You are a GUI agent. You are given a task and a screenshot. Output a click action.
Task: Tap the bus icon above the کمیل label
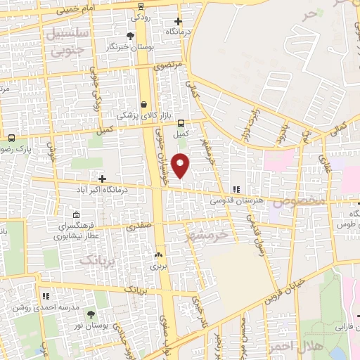181,121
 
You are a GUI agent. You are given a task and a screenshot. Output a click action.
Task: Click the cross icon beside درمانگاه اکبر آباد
103,179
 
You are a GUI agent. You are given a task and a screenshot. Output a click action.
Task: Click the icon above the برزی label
158,256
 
